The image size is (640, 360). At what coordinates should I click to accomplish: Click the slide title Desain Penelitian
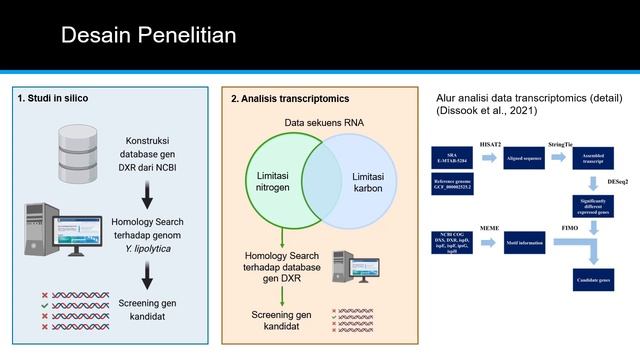(x=148, y=36)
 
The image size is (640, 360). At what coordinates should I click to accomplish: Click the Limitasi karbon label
(x=368, y=182)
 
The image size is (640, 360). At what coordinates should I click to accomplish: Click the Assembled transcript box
(x=592, y=159)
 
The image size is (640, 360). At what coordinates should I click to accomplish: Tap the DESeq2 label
(x=619, y=183)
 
